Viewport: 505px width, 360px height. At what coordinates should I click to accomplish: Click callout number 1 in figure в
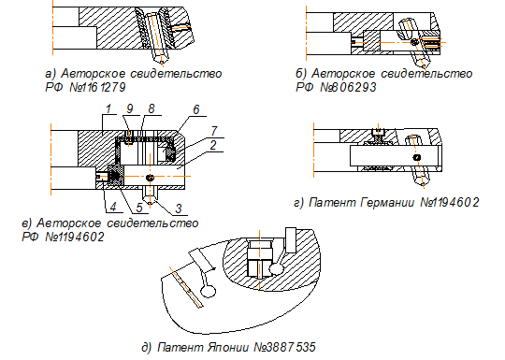108,108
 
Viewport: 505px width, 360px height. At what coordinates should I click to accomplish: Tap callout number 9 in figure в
129,108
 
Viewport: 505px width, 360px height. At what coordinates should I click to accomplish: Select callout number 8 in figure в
151,108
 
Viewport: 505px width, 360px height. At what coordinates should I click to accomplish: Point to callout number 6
196,109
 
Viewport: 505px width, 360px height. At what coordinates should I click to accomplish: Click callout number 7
214,131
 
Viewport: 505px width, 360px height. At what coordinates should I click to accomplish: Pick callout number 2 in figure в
213,145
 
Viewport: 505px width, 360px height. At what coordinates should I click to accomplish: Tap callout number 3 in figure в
179,209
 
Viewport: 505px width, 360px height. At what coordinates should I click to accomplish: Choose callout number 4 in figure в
113,207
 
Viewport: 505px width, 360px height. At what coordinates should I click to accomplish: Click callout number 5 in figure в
139,208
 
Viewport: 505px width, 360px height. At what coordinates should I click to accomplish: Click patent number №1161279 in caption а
97,87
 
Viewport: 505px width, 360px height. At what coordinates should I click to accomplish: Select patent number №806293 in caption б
348,87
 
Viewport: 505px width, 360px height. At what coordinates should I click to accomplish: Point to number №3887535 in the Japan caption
284,348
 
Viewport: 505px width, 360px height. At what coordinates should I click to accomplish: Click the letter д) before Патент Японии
147,348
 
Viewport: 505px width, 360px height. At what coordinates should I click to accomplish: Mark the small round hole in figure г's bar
417,157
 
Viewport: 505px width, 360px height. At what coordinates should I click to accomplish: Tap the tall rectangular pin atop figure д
291,240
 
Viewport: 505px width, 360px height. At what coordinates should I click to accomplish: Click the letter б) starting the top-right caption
301,74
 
